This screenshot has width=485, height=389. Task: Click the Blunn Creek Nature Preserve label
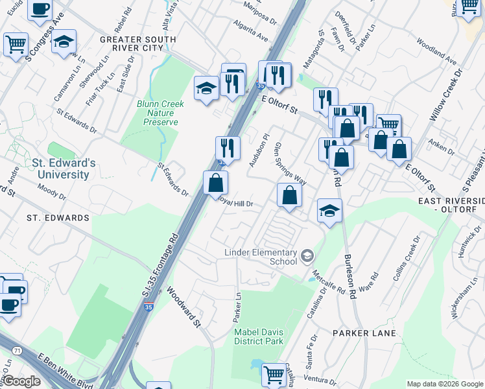pyautogui.click(x=160, y=113)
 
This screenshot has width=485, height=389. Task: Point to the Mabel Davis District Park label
pyautogui.click(x=259, y=336)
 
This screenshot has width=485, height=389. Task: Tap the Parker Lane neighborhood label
pyautogui.click(x=360, y=333)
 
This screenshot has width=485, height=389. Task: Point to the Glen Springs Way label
pyautogui.click(x=290, y=163)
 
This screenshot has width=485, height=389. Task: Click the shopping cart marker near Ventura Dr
pyautogui.click(x=274, y=374)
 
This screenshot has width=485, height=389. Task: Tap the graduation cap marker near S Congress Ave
pyautogui.click(x=63, y=41)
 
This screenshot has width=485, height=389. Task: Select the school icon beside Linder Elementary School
pyautogui.click(x=307, y=257)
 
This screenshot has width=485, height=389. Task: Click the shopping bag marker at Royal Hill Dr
pyautogui.click(x=215, y=183)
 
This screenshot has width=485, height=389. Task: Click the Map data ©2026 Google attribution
pyautogui.click(x=445, y=383)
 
